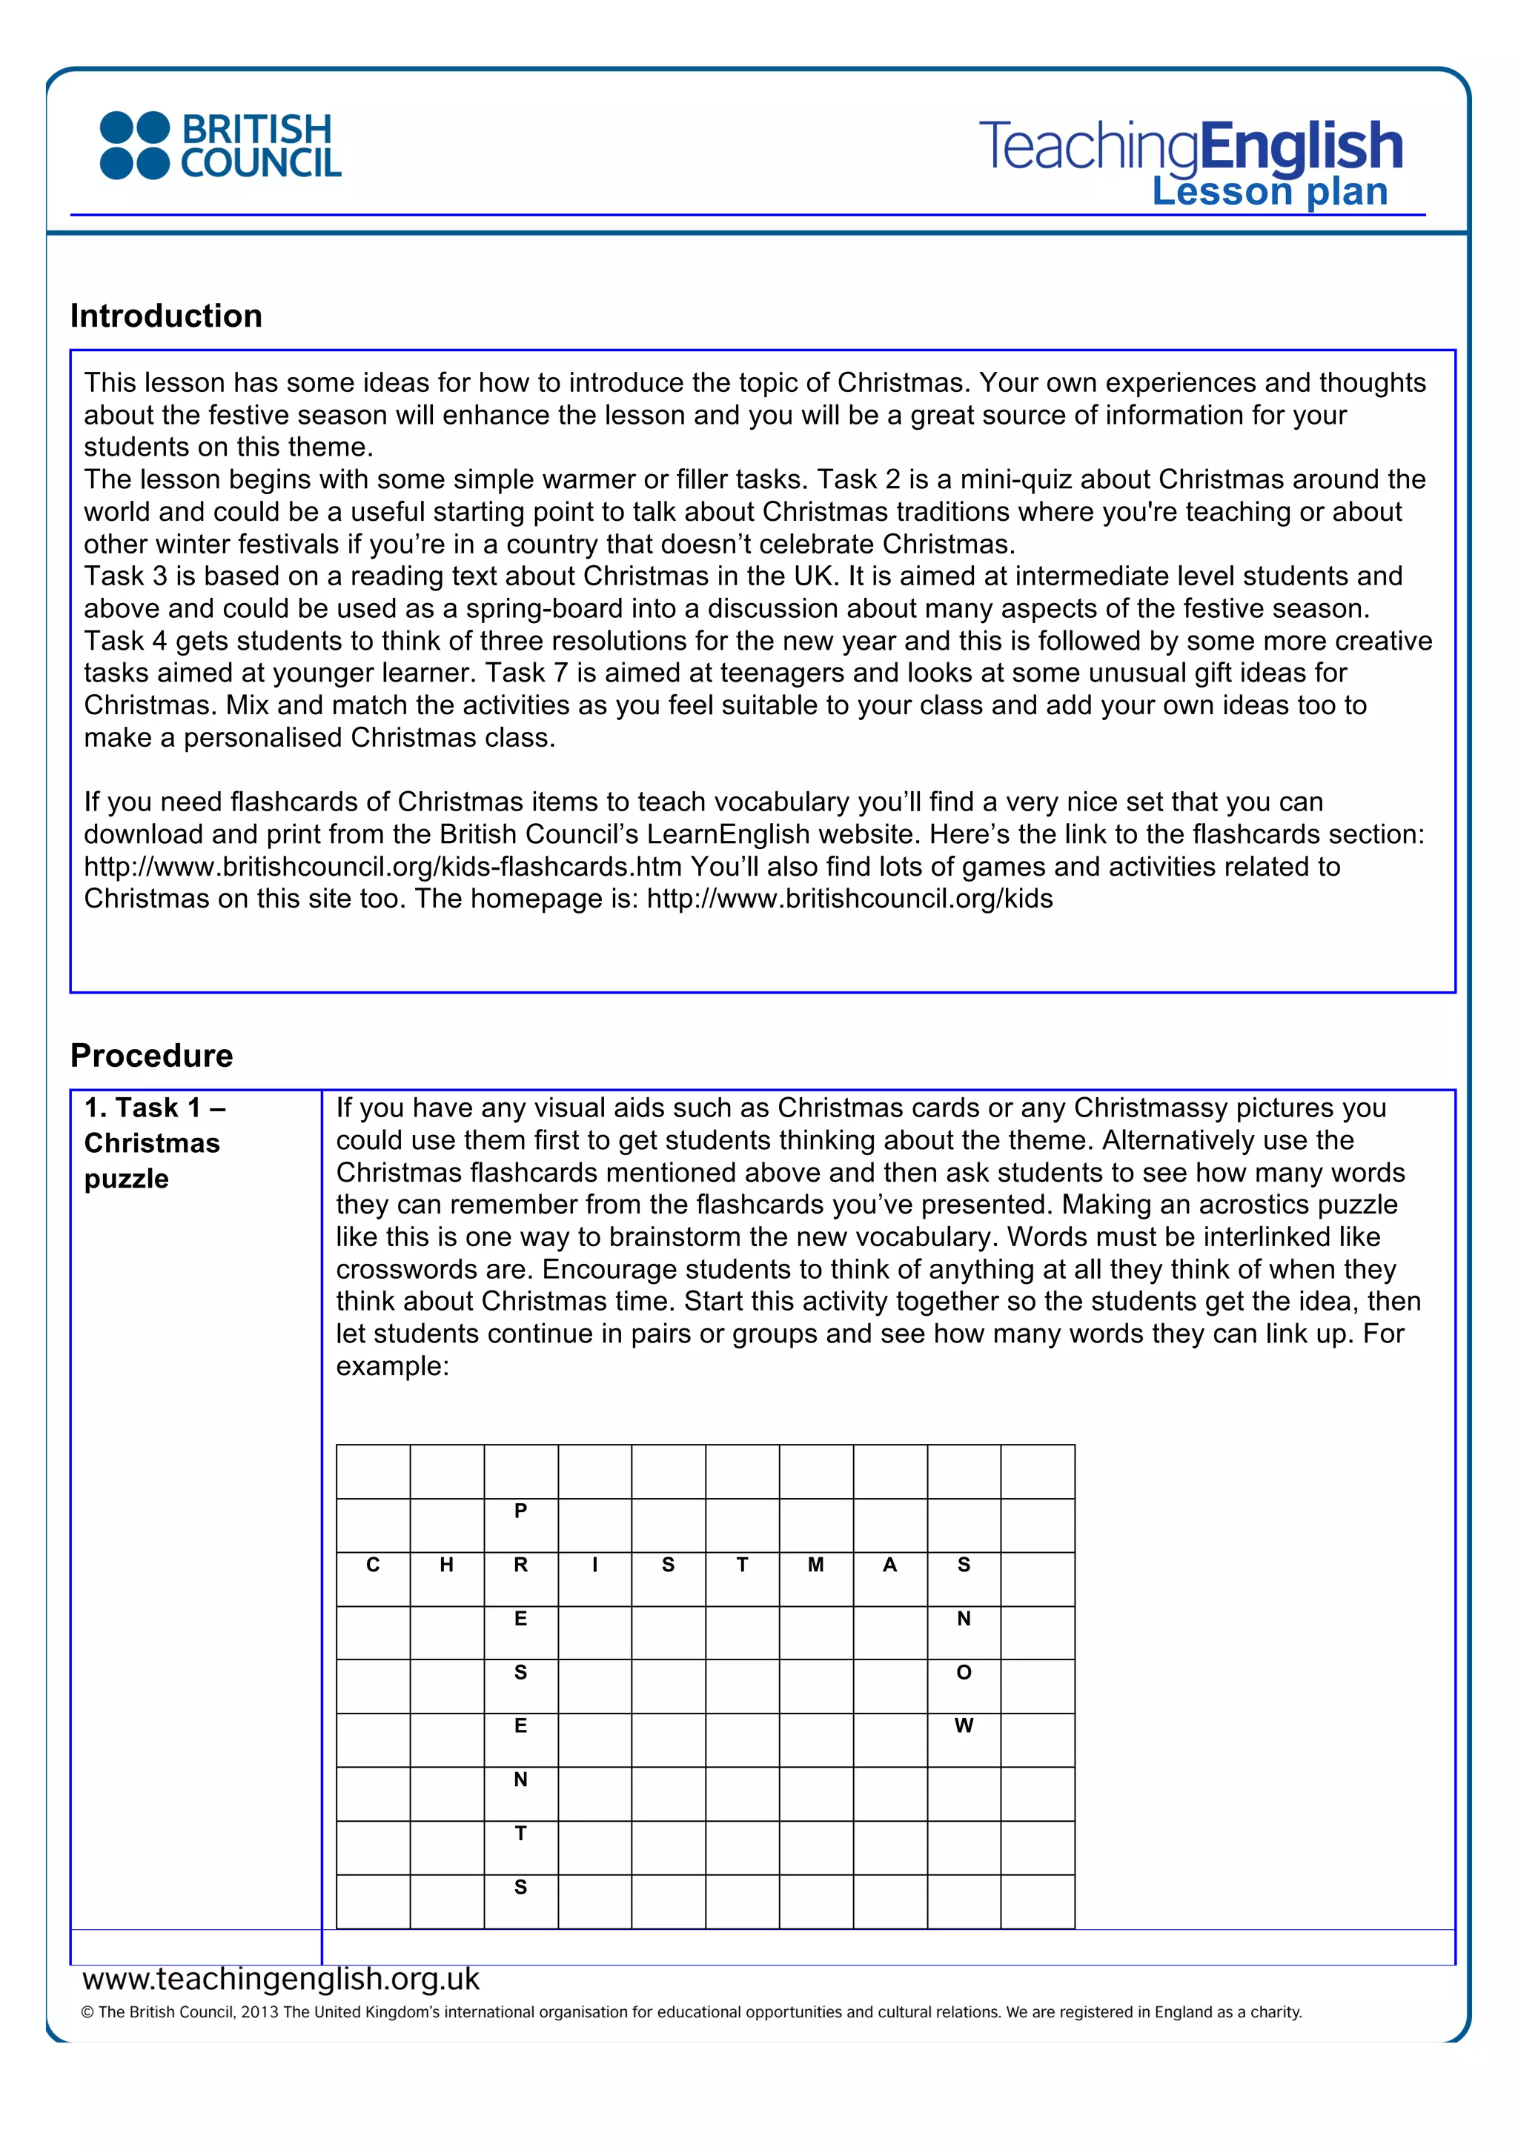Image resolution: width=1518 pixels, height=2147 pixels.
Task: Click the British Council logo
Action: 220,146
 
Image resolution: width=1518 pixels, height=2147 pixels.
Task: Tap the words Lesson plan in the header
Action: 1269,192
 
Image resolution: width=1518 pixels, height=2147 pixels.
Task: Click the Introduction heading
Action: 167,316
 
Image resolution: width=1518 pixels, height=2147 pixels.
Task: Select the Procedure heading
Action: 151,1055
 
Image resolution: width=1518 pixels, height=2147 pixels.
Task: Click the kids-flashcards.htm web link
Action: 382,867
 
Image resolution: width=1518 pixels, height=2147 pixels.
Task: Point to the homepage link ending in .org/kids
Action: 849,899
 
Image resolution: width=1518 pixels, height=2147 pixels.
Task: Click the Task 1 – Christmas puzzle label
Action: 154,1142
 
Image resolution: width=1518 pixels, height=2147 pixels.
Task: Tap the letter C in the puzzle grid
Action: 372,1565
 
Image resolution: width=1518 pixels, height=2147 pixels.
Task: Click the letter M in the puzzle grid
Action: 815,1565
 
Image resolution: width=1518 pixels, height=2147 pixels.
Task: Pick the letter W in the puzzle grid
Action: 964,1726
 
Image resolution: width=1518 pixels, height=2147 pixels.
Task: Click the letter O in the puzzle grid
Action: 964,1673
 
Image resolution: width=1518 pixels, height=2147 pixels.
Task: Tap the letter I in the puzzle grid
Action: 595,1565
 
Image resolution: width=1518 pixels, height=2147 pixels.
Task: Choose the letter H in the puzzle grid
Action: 446,1565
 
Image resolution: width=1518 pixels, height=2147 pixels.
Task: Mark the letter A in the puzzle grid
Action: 889,1565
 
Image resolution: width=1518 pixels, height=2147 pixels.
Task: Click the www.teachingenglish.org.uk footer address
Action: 281,1979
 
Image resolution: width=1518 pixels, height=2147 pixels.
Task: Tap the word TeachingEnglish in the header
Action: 1190,147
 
